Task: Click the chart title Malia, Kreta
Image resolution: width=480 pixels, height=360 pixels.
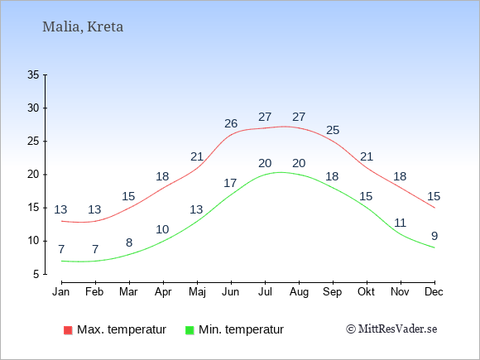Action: [x=83, y=27]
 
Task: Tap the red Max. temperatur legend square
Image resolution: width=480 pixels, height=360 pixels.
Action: [x=68, y=330]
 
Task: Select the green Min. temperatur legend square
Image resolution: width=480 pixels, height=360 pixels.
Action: [x=190, y=330]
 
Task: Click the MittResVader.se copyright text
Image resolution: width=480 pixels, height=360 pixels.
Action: [x=391, y=329]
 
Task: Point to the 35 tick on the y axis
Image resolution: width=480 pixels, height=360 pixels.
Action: [x=33, y=74]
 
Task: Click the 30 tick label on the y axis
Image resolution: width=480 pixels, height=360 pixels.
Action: [x=33, y=108]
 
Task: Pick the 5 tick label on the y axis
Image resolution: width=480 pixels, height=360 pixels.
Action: [x=36, y=274]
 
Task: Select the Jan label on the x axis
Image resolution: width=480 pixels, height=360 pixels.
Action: [x=61, y=292]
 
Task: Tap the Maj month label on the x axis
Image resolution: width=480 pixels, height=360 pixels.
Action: [x=197, y=292]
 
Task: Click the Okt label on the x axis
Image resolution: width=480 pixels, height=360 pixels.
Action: [x=366, y=292]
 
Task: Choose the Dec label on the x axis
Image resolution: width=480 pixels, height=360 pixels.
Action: [x=434, y=292]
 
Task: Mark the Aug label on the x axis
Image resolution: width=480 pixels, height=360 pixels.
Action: [x=299, y=292]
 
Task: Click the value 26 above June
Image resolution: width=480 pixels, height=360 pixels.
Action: [x=231, y=123]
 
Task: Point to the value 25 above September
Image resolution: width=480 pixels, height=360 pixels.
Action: [x=333, y=131]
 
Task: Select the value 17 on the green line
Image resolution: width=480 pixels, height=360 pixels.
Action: [x=230, y=183]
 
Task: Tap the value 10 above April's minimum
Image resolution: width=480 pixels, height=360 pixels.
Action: [x=162, y=229]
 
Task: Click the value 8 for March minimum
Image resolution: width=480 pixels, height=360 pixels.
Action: [x=129, y=242]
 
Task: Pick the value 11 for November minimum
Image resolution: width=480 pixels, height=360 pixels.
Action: [x=400, y=223]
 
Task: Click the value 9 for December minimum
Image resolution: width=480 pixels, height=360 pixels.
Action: [x=434, y=236]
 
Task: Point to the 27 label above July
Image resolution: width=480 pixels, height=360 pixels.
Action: [x=265, y=117]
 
